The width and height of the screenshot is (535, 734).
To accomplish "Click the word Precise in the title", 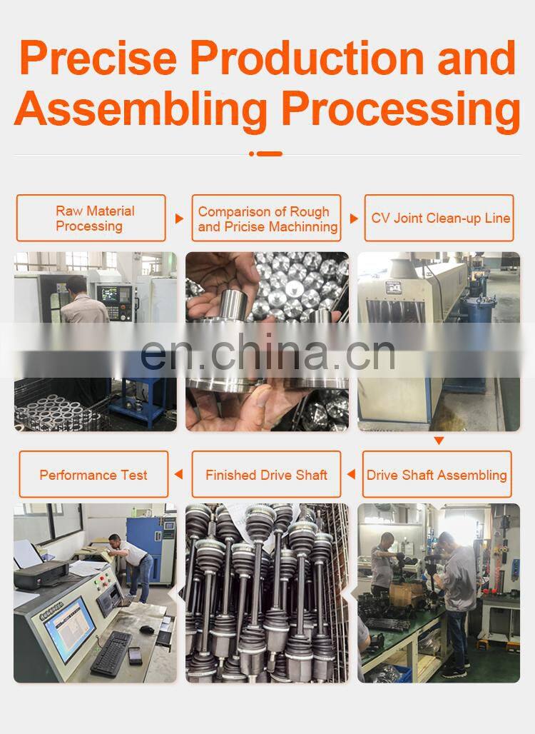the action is (x=98, y=58).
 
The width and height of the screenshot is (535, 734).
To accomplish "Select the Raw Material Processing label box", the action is (x=91, y=218).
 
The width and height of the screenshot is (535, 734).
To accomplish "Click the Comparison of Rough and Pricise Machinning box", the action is (x=267, y=218).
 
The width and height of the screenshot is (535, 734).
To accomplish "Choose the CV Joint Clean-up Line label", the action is (x=439, y=218).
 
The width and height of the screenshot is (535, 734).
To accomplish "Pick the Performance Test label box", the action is (x=93, y=474).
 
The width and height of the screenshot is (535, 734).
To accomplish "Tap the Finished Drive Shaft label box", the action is (x=267, y=474).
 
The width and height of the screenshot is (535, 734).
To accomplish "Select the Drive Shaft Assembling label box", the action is (x=437, y=474).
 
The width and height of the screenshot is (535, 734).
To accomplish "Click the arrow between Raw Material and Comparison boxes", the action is (x=179, y=218).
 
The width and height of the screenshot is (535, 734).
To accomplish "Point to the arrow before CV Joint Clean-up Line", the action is (x=354, y=218).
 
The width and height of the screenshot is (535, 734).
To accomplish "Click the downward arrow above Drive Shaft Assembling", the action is (x=439, y=441).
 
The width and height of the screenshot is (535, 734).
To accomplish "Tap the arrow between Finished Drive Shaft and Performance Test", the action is (x=178, y=474).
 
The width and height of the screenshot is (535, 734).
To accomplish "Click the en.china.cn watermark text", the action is (x=267, y=352).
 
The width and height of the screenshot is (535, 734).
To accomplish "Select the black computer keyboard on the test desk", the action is (x=112, y=653).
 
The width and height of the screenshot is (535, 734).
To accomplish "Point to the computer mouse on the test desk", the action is (x=147, y=630).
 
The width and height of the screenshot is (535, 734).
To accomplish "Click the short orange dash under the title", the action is (x=270, y=154).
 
